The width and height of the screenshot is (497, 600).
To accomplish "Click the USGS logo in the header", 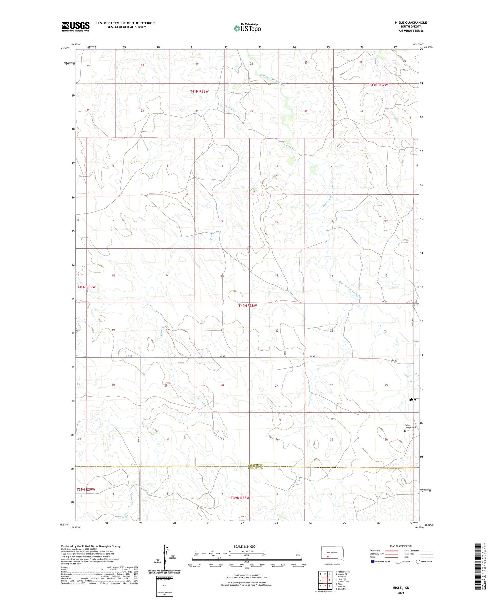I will (76, 26).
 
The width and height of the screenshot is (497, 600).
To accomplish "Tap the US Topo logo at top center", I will (247, 28).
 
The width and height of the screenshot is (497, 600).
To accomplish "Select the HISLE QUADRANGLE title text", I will (411, 23).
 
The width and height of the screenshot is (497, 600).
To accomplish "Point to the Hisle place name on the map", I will (412, 399).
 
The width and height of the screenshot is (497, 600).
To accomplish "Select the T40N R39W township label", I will (86, 287).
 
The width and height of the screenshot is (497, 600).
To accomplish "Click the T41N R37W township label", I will (378, 85).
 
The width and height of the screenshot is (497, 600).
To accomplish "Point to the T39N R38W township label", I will (240, 498).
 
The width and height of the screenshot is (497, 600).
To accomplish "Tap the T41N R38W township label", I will (199, 91).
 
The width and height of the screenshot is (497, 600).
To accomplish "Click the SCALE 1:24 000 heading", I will (247, 546).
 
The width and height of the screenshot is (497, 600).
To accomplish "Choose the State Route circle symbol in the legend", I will (418, 561).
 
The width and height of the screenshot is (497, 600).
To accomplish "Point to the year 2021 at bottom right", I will (400, 593).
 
